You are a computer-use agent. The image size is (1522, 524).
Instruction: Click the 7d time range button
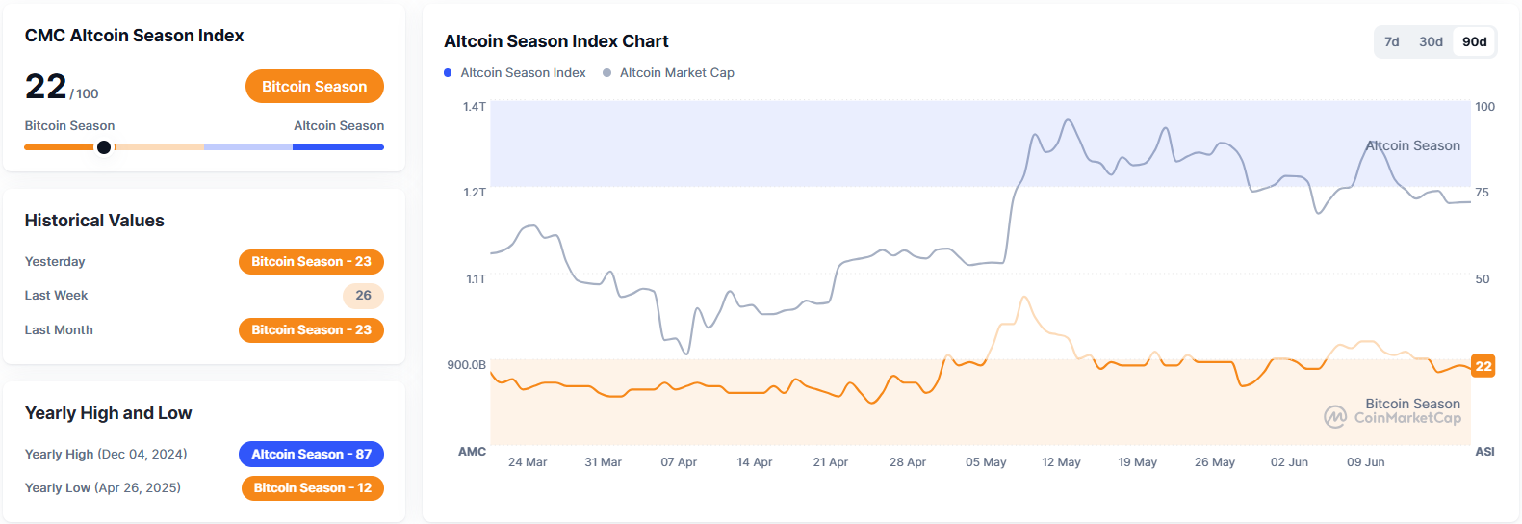click(x=1391, y=41)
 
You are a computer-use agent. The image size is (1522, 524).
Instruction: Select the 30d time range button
click(x=1431, y=41)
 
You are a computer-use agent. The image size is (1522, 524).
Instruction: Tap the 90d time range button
click(x=1474, y=41)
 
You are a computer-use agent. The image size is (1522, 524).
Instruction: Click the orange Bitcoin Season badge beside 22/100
click(x=314, y=86)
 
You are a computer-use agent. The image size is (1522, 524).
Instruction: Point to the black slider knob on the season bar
click(x=104, y=147)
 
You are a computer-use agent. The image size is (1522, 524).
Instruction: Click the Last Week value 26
click(x=363, y=296)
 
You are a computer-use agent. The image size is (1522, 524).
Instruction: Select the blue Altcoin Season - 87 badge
click(x=311, y=454)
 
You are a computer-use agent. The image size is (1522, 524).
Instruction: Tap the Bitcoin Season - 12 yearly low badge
click(x=312, y=488)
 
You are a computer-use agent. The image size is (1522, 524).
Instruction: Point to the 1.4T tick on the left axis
click(x=475, y=107)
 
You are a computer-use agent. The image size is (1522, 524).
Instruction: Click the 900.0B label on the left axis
click(x=466, y=365)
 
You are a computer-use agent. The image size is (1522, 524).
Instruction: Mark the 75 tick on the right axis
click(x=1482, y=193)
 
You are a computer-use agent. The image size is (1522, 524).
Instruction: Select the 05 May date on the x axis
click(x=986, y=462)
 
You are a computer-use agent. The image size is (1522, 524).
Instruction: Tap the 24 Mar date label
click(x=528, y=462)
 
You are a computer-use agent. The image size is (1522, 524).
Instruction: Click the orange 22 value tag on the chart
click(x=1483, y=366)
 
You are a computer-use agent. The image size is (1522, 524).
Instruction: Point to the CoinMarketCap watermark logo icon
click(x=1335, y=417)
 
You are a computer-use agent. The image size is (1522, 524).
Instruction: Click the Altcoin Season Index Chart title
click(x=555, y=41)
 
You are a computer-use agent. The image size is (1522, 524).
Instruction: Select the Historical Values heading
click(x=94, y=221)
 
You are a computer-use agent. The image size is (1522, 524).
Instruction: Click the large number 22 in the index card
click(x=45, y=87)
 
